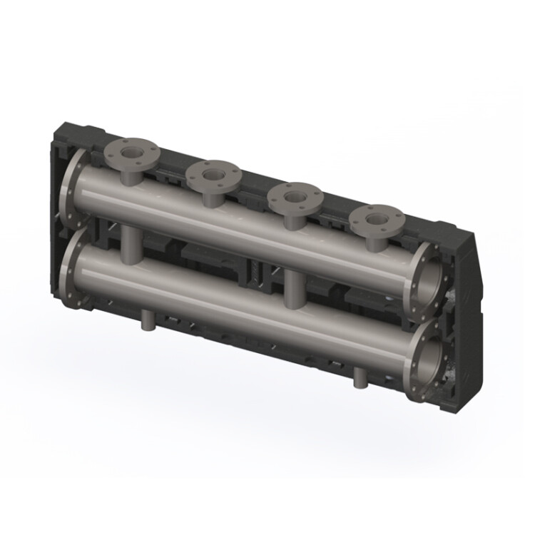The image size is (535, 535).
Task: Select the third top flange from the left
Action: point(292,195)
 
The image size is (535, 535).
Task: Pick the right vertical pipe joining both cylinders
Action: point(292,290)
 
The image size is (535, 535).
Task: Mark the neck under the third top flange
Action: point(292,218)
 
